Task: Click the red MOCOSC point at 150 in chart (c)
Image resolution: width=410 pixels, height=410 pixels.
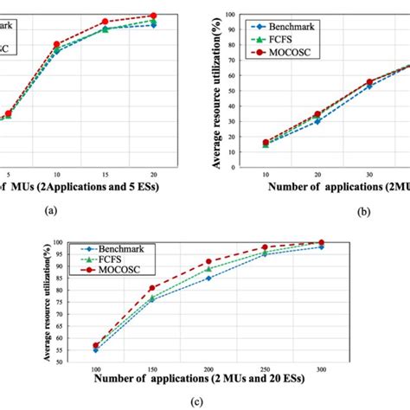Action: click(152, 288)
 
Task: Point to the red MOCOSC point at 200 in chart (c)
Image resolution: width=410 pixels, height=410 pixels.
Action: click(208, 261)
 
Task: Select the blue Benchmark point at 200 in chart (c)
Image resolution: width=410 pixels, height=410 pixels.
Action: click(208, 278)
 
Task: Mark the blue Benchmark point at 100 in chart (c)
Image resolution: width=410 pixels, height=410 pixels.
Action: click(95, 350)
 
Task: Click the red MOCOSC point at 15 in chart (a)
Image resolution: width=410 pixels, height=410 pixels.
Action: click(105, 22)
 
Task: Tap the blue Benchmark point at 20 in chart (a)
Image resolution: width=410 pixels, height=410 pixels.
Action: click(153, 25)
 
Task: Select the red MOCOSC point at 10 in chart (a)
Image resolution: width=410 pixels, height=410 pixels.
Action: click(56, 44)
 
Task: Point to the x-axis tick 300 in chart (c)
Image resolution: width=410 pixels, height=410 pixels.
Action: click(321, 368)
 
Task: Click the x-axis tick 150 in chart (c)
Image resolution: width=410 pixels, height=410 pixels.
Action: click(152, 368)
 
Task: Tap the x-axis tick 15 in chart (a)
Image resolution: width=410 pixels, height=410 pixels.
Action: click(105, 172)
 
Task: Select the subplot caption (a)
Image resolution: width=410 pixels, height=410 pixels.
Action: click(49, 210)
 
